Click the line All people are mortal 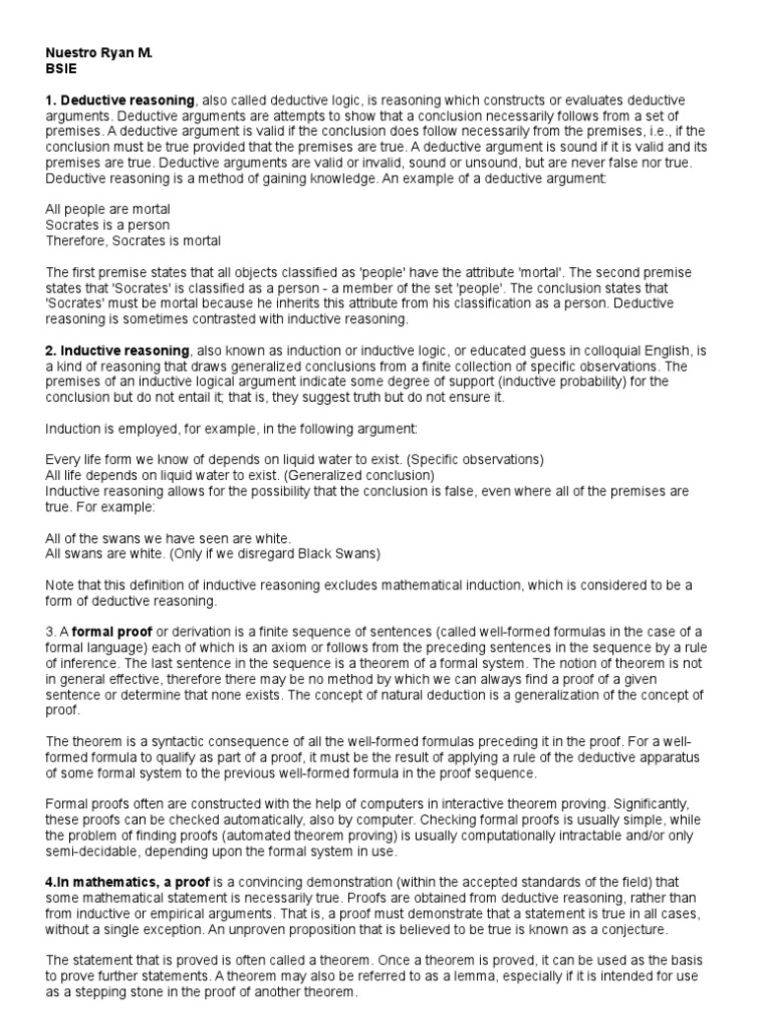click(108, 210)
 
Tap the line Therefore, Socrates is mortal click(133, 240)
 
